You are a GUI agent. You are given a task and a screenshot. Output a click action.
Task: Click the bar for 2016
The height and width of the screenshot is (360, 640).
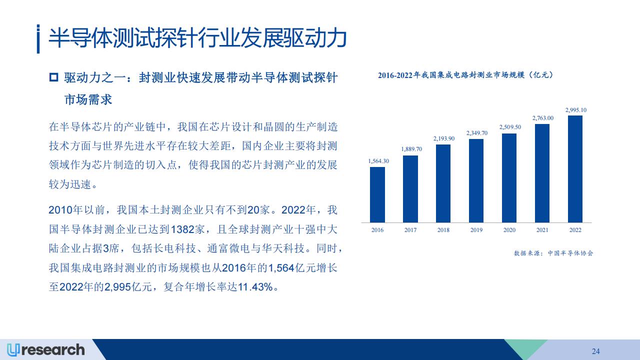377,194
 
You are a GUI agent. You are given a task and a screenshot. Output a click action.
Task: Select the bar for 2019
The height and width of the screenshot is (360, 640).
476,180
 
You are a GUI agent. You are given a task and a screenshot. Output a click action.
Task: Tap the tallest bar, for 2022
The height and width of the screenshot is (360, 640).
575,169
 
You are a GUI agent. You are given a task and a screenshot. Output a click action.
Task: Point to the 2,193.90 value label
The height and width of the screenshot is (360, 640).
443,138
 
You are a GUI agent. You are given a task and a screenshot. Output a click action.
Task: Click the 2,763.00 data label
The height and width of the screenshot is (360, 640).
543,118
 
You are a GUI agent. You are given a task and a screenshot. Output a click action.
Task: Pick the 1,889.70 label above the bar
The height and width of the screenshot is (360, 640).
411,149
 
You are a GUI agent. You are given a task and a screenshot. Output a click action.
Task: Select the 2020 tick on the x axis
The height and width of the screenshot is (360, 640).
509,230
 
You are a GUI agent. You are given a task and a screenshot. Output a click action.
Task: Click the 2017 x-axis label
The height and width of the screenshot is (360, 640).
410,230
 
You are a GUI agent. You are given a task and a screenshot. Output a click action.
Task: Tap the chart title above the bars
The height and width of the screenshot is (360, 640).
465,75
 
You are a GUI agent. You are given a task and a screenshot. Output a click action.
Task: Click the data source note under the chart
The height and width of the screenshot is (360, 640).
553,253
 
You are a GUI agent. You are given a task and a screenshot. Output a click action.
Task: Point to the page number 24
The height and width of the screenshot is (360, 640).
595,351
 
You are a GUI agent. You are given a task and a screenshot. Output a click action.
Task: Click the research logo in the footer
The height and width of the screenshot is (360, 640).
46,350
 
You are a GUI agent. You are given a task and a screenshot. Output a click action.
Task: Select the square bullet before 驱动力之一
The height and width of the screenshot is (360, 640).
53,77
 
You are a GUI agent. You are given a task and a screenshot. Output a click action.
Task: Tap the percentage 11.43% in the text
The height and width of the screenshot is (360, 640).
255,287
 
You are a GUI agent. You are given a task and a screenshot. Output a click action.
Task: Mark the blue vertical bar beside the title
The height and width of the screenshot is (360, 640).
38,39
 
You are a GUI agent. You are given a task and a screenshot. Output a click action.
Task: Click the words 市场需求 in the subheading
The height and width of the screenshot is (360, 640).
88,99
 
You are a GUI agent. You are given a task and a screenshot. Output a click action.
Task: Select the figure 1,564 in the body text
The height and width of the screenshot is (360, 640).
281,268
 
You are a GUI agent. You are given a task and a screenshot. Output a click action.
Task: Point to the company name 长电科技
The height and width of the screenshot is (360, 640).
174,248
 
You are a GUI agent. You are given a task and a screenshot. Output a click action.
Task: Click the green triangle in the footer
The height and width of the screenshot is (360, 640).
525,347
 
